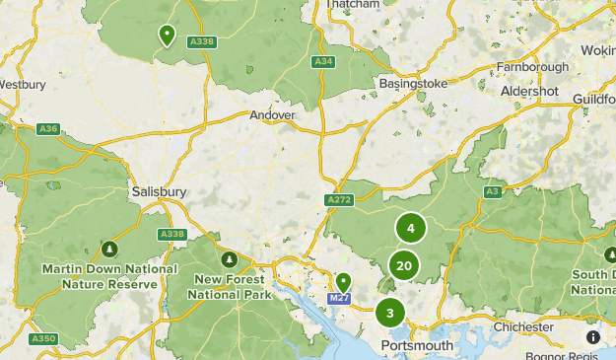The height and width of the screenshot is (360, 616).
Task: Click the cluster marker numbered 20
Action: [403, 265]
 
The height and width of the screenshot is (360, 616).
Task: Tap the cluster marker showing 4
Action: [410, 228]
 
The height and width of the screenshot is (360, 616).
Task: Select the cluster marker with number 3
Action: [390, 314]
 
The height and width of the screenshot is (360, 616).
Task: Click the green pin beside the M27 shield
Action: [343, 282]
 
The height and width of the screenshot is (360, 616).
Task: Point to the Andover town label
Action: [272, 115]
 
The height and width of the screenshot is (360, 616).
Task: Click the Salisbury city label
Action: [159, 193]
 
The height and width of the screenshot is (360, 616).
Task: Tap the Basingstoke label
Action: [414, 84]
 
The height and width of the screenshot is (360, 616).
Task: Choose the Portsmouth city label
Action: [417, 346]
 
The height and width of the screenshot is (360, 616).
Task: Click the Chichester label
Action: [523, 327]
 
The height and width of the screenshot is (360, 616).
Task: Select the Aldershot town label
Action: [529, 91]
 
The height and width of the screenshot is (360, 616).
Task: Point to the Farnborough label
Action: [532, 67]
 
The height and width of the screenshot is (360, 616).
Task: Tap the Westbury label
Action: [22, 85]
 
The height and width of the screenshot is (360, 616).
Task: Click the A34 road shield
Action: [322, 61]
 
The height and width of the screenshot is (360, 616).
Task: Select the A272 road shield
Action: [338, 199]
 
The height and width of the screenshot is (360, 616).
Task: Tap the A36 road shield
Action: [48, 129]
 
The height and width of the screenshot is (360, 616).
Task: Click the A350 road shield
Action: [42, 338]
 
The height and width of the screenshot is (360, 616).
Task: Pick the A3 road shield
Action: [493, 191]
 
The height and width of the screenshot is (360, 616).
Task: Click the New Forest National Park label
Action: [230, 287]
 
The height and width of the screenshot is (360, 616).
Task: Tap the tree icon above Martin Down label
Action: [109, 250]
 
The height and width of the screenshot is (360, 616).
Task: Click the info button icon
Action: [592, 336]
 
